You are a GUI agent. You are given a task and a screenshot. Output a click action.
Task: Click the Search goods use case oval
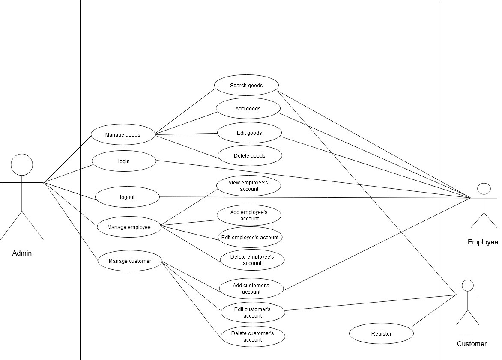[x=246, y=85]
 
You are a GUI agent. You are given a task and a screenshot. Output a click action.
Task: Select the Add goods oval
[x=248, y=109]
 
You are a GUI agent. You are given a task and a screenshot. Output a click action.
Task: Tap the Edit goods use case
[x=249, y=133]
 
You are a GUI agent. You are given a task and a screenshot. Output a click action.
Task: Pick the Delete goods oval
[x=250, y=156]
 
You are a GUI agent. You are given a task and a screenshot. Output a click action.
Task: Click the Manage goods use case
[x=123, y=135]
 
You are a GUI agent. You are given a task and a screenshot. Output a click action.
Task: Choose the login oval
[x=124, y=161]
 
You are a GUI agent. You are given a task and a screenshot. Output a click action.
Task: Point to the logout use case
[x=127, y=197]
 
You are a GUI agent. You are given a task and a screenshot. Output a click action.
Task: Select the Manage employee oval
[x=129, y=227]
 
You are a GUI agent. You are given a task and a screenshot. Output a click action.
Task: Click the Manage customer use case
[x=130, y=261]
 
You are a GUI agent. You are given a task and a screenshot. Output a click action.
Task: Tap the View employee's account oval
[x=248, y=186]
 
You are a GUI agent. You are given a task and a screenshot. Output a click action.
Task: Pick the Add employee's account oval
[x=249, y=215]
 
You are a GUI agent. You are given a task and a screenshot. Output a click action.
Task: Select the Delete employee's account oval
[x=252, y=260]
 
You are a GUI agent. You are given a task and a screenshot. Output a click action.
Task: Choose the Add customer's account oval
[x=251, y=289]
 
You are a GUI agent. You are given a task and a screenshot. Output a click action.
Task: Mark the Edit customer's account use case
[x=253, y=312]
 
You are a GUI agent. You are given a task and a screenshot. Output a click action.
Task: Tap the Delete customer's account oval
[x=253, y=336]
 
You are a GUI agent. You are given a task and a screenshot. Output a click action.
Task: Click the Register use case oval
[x=381, y=334]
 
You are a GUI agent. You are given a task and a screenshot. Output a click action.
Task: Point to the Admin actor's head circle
[x=22, y=165]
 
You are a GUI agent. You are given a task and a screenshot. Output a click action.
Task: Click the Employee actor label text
[x=483, y=242]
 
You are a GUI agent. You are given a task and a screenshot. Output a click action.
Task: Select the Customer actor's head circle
[x=468, y=286]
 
